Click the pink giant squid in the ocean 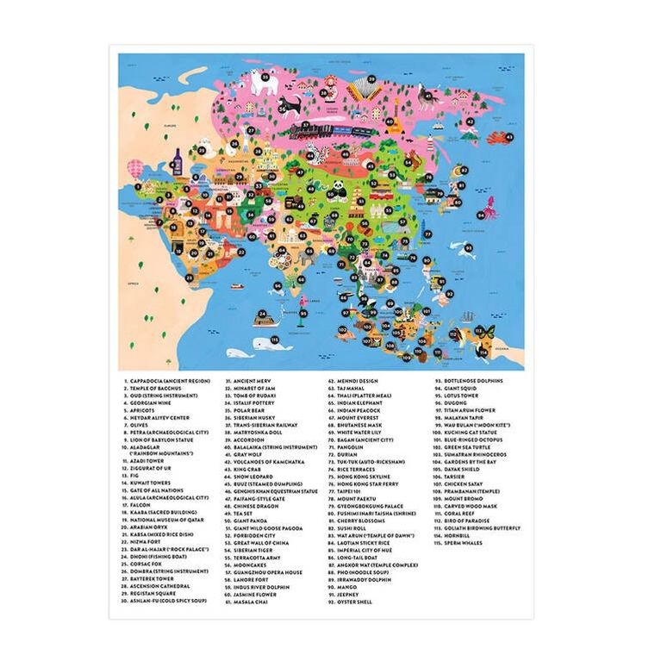490,207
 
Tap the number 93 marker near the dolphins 469,247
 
